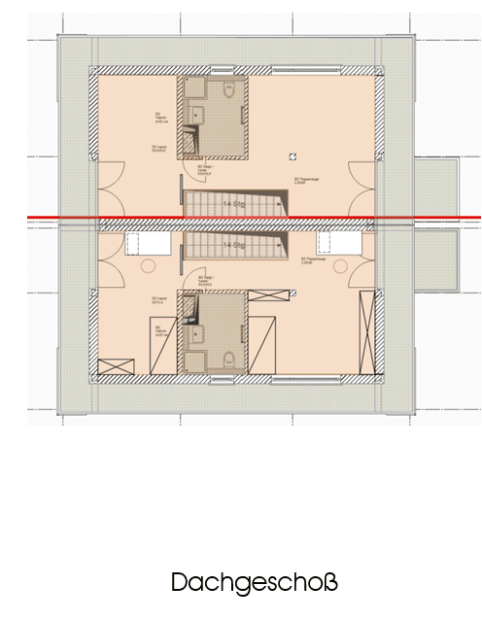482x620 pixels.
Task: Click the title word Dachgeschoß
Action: (x=255, y=583)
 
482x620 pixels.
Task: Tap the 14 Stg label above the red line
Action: (x=233, y=204)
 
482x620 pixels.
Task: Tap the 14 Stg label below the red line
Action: (x=233, y=247)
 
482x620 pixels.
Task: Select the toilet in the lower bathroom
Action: (x=229, y=360)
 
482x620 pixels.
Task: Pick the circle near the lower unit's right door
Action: (x=339, y=266)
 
